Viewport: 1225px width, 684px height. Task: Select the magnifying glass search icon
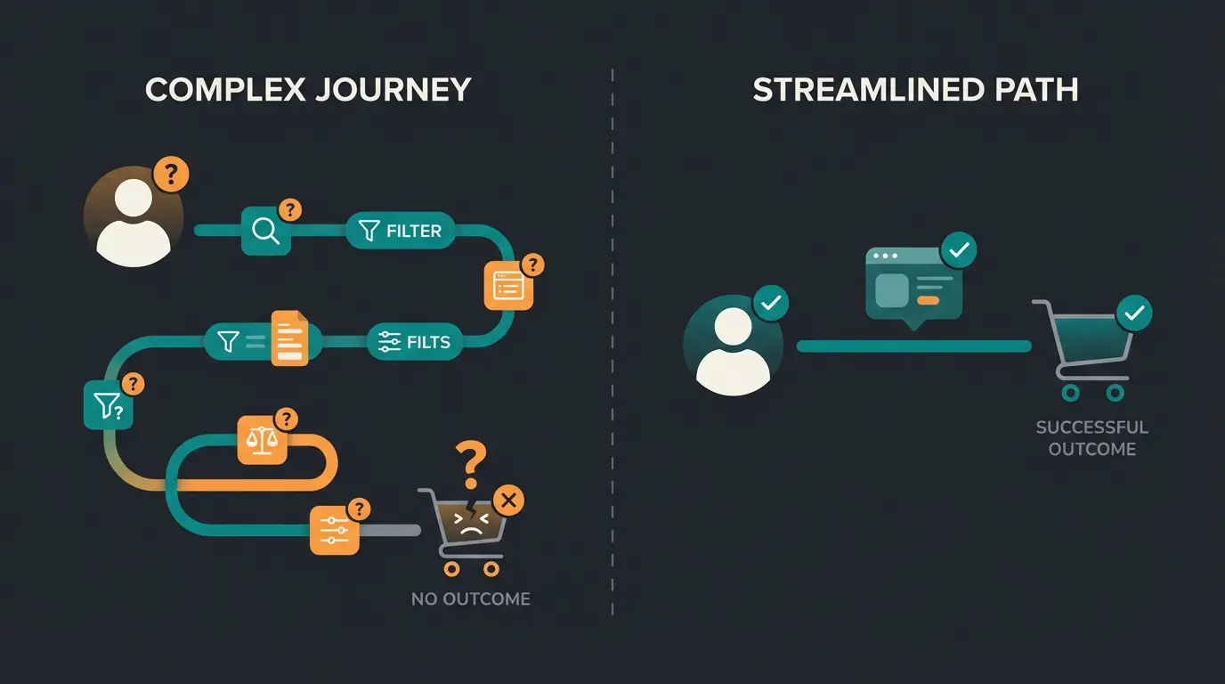[x=266, y=231]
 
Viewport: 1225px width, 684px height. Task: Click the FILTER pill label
[x=401, y=231]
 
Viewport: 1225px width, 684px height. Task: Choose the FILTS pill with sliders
[x=415, y=342]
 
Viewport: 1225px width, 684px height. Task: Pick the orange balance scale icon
[x=262, y=440]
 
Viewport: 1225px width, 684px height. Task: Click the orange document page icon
[x=288, y=338]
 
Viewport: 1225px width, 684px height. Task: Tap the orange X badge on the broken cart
[x=508, y=501]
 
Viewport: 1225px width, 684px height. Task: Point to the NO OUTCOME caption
[x=470, y=598]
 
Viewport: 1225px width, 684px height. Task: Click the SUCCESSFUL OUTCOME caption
[x=1091, y=438]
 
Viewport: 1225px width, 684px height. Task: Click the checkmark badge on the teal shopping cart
[x=1134, y=313]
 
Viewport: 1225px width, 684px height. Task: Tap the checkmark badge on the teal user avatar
[x=771, y=304]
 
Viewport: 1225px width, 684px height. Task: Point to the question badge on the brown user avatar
[x=171, y=175]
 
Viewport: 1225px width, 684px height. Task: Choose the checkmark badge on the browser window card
[x=959, y=251]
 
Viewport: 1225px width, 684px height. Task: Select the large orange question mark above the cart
[x=471, y=464]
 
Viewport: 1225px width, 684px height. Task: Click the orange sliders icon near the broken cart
[x=334, y=529]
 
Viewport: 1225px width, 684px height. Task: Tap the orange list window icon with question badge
[x=508, y=285]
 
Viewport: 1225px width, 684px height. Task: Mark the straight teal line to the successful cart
[x=913, y=346]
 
